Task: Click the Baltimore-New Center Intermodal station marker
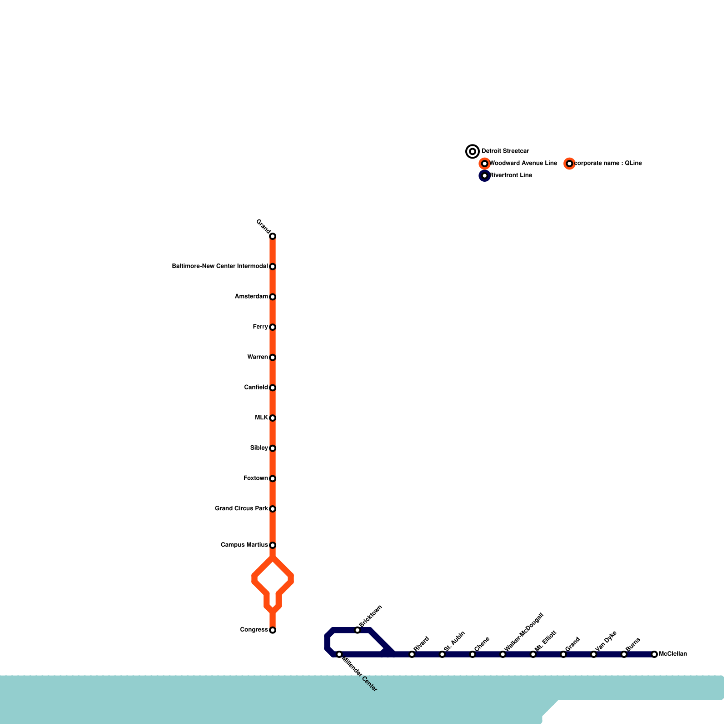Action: point(273,267)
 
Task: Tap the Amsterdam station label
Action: point(251,297)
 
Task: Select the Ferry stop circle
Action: point(273,327)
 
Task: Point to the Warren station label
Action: point(258,357)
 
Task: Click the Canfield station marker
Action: point(273,388)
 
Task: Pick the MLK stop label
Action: point(261,418)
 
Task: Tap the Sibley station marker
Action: point(273,448)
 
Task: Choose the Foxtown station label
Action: point(256,478)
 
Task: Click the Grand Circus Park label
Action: point(241,508)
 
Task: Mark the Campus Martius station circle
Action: point(273,545)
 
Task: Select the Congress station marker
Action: point(273,630)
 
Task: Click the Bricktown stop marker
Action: point(358,630)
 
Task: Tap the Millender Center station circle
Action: point(339,654)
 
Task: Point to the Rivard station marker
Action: point(412,654)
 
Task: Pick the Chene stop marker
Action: point(473,654)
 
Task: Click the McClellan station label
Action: point(672,654)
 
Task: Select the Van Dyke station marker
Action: point(594,654)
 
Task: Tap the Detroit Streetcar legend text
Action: point(505,151)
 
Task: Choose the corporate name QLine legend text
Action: point(608,164)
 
